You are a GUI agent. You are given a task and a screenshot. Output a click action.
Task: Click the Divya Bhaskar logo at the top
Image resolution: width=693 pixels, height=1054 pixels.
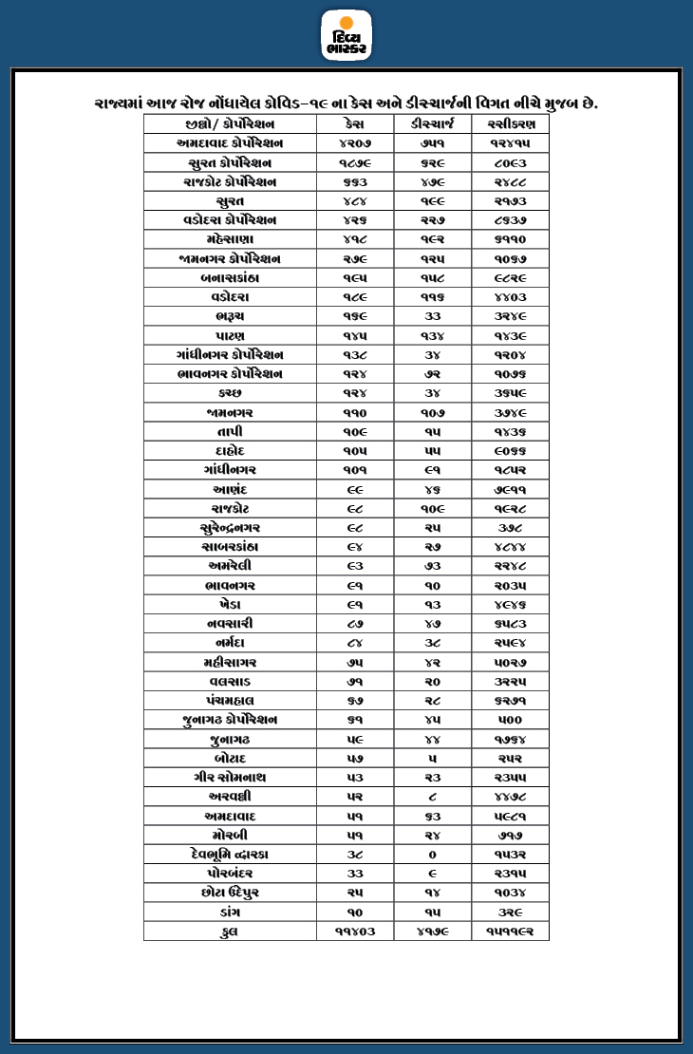[346, 35]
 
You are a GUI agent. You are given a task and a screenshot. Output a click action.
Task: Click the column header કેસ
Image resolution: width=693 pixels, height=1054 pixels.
[355, 124]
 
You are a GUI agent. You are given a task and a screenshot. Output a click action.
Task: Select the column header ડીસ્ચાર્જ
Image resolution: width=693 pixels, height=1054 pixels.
[433, 124]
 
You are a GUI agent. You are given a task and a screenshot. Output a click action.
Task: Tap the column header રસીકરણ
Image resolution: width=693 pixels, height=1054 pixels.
[510, 124]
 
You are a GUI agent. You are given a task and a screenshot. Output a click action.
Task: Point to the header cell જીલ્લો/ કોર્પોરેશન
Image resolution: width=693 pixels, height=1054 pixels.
[230, 124]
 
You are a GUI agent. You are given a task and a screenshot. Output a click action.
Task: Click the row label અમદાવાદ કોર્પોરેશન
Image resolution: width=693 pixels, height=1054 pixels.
[230, 143]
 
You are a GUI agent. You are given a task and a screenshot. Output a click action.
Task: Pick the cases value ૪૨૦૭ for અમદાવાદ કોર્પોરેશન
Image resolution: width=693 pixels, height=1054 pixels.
[355, 143]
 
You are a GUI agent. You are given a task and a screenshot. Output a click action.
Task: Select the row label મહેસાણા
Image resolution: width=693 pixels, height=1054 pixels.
[230, 239]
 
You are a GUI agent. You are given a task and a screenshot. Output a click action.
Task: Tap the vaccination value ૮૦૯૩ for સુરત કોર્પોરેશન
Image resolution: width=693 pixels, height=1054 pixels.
[510, 162]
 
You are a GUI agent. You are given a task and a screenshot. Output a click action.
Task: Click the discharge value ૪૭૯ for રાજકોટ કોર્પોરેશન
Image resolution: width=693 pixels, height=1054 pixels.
[433, 181]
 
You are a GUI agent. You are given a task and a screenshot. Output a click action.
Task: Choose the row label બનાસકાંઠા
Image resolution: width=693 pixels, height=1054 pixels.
[230, 278]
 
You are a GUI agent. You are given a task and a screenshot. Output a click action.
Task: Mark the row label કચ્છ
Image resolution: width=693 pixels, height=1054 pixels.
[230, 393]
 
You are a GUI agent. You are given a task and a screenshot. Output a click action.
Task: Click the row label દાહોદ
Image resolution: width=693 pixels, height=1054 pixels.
[230, 451]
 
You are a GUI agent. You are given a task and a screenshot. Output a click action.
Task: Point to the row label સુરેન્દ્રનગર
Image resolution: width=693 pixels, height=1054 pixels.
[230, 528]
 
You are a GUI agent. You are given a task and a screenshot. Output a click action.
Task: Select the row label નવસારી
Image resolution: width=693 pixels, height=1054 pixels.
[230, 624]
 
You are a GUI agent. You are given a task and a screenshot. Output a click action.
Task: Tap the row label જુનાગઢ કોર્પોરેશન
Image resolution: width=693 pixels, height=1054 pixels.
[230, 720]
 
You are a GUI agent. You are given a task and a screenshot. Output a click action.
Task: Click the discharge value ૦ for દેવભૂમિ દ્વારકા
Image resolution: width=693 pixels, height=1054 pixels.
[433, 854]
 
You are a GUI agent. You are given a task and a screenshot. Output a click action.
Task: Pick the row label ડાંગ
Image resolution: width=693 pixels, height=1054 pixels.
[230, 912]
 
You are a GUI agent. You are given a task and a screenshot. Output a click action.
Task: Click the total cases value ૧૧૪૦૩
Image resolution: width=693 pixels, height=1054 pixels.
[355, 932]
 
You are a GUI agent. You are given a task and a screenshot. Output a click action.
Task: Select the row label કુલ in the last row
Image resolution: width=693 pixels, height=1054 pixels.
[230, 932]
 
